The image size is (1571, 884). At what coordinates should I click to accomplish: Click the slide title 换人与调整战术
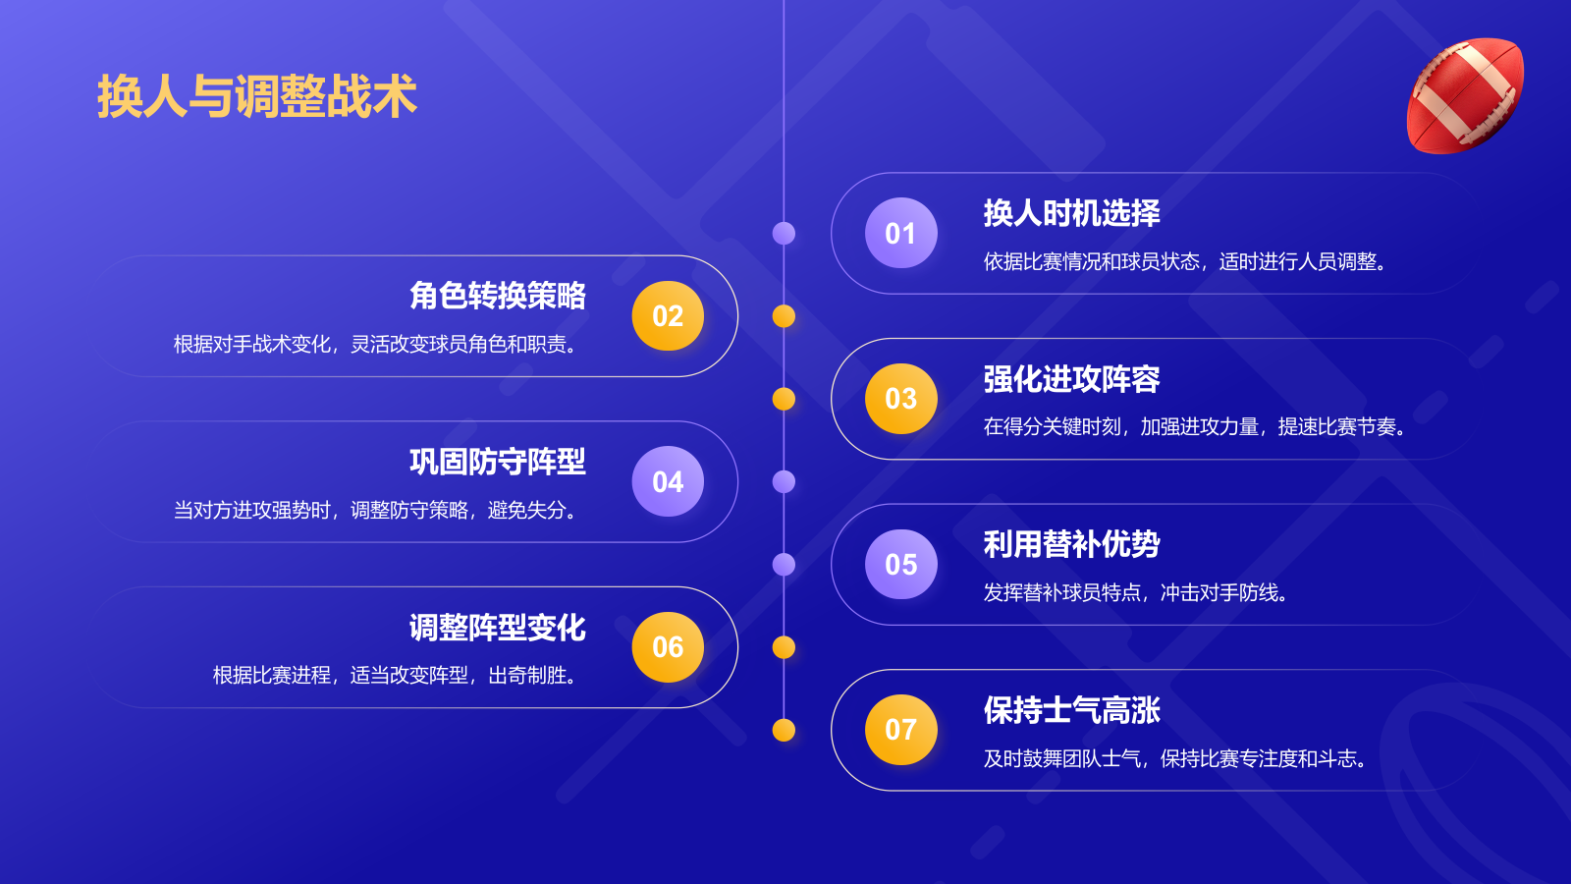(x=257, y=96)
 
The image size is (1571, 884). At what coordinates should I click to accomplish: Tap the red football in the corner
(x=1465, y=95)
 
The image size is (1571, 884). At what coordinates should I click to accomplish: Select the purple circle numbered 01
(x=900, y=233)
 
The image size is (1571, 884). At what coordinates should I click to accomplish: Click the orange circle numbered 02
(x=668, y=315)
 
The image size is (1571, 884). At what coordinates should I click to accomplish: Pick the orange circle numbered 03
(x=900, y=399)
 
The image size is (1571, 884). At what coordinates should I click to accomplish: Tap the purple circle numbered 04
(x=668, y=481)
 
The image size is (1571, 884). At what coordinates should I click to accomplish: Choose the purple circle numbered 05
(x=900, y=564)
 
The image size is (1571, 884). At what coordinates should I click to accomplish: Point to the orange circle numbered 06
(x=668, y=646)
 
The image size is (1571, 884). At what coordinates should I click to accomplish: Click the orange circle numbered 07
(x=900, y=730)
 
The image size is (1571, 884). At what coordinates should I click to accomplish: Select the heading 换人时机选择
(x=1071, y=213)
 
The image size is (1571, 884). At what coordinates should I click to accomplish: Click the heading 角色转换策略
(x=498, y=296)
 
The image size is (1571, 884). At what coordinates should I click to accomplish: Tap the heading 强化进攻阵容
(x=1071, y=379)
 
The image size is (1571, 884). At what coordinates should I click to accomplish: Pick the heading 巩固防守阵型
(x=498, y=462)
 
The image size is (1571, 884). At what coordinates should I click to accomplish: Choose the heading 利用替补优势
(x=1071, y=544)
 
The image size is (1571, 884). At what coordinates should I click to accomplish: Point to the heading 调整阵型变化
(x=498, y=628)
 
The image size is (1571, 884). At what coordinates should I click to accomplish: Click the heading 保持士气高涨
(x=1071, y=710)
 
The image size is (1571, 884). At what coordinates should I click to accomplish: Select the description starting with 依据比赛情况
(x=1185, y=261)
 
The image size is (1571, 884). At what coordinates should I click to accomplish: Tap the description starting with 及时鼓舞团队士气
(x=1175, y=758)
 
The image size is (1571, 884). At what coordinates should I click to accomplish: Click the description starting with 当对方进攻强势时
(x=375, y=510)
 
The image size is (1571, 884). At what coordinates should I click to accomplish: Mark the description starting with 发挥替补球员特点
(x=1136, y=592)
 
